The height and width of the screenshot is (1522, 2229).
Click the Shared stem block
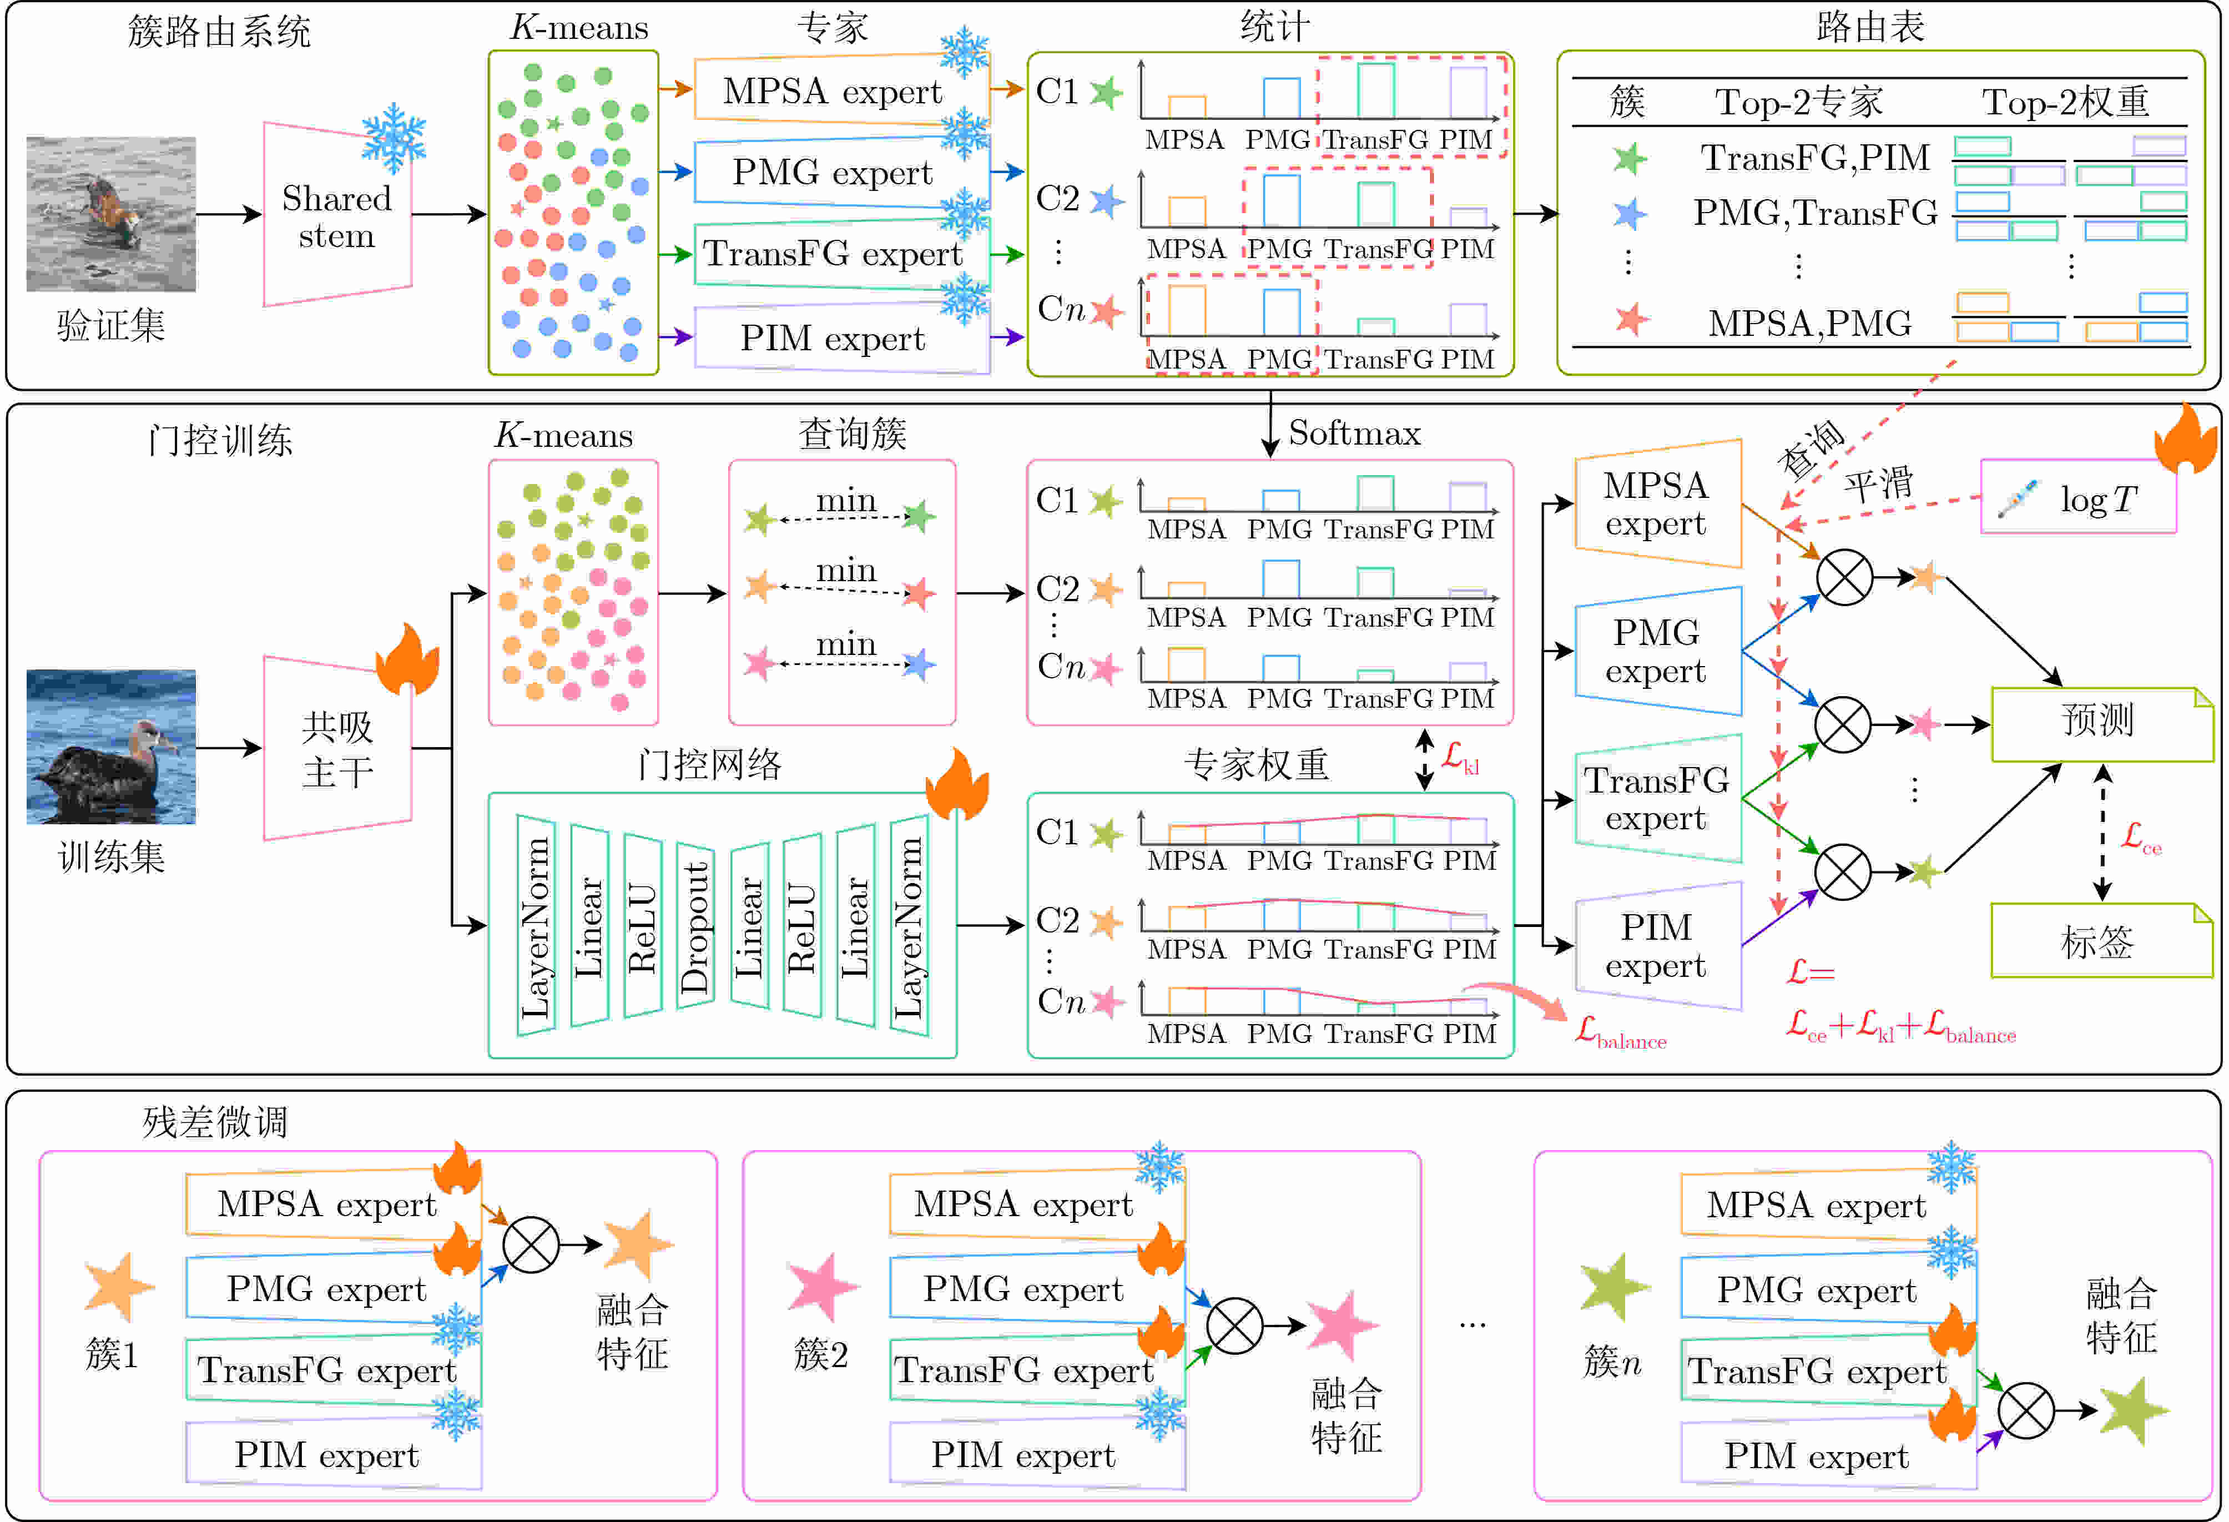click(x=337, y=215)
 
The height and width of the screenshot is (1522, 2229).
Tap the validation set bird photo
click(x=111, y=214)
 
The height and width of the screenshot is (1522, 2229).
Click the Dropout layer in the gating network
click(x=694, y=925)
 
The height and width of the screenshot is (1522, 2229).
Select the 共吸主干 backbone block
click(x=337, y=748)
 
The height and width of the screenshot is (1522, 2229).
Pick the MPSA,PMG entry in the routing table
click(x=1810, y=323)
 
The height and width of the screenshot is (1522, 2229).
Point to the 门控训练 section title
click(x=220, y=440)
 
